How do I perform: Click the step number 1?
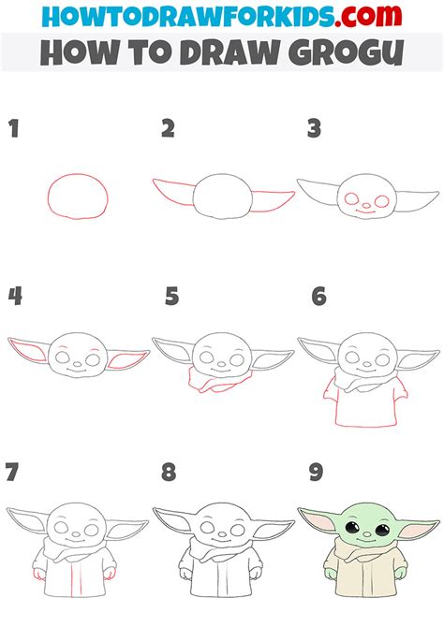(x=14, y=129)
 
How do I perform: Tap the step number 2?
(x=168, y=129)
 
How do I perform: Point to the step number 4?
(x=15, y=297)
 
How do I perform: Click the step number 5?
(x=171, y=297)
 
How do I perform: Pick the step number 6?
(x=319, y=297)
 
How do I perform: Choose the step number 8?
(x=169, y=473)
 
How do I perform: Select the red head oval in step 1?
(x=78, y=196)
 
